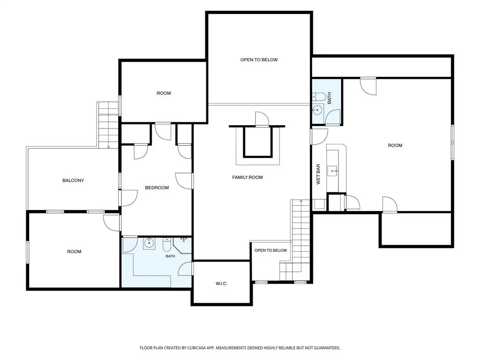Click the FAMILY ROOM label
[247, 177]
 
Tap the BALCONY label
[73, 180]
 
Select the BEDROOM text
[157, 187]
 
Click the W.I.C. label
[221, 284]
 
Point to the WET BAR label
[318, 174]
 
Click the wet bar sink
[332, 171]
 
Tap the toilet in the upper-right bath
[318, 97]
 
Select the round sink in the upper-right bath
[317, 110]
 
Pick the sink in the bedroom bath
[149, 243]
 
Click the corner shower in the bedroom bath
[183, 245]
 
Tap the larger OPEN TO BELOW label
[259, 60]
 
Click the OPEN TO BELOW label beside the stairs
[270, 250]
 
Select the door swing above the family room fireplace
[262, 119]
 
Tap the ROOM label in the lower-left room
[74, 252]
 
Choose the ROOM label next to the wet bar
[395, 145]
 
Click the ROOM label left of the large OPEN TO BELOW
[164, 93]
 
